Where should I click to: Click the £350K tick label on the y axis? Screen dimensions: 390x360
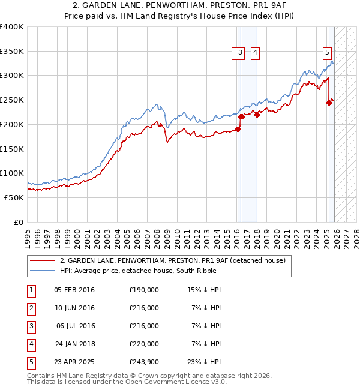(12, 52)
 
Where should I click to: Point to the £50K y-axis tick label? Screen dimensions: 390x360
(14, 197)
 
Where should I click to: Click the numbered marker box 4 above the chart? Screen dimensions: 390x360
(255, 53)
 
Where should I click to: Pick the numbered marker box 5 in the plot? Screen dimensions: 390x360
(328, 53)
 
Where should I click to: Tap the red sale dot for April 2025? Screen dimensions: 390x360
(329, 103)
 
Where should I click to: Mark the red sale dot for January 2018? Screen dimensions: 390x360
(257, 115)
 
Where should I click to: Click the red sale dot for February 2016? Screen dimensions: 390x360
(238, 129)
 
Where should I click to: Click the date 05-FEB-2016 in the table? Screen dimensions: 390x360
(74, 290)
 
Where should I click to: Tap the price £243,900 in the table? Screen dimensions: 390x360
(143, 362)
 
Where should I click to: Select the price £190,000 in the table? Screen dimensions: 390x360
(143, 290)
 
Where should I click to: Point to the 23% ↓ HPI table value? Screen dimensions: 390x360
(204, 362)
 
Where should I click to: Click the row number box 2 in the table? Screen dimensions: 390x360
(30, 308)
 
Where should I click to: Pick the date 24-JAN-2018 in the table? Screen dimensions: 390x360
(74, 344)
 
